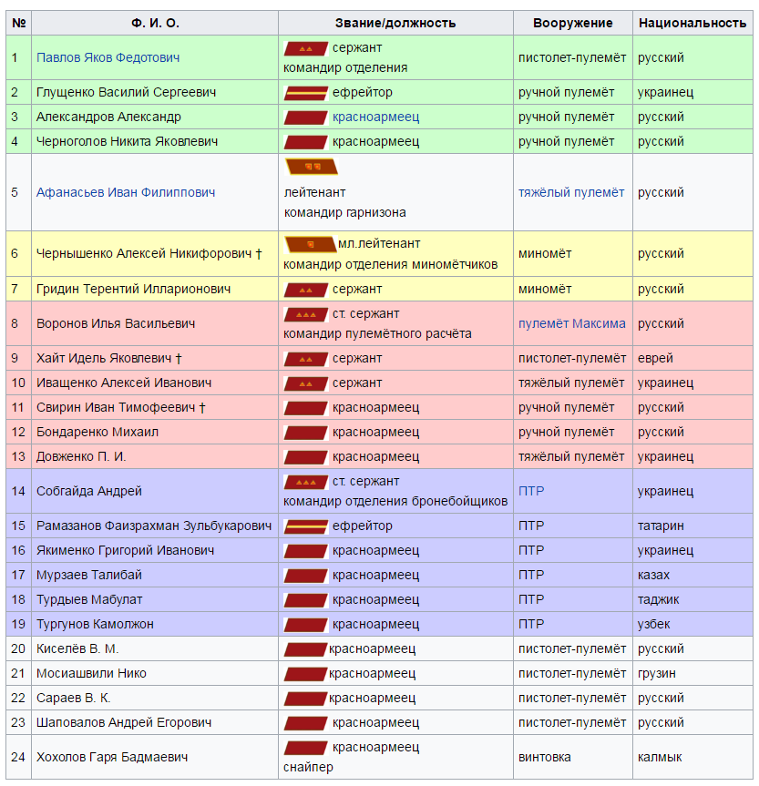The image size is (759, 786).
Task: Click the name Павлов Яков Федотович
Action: (x=108, y=57)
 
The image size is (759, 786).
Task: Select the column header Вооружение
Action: (x=572, y=23)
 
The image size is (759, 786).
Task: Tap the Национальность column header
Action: (x=692, y=23)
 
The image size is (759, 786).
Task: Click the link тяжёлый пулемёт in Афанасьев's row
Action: (x=571, y=192)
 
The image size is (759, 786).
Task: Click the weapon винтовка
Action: (x=545, y=757)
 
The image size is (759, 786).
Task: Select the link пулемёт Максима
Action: (x=571, y=323)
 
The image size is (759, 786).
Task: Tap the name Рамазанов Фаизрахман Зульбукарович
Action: (x=154, y=526)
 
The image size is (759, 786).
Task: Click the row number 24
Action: (x=18, y=757)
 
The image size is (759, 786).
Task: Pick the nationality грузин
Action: (x=657, y=673)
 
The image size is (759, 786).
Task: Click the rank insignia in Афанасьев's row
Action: (x=311, y=167)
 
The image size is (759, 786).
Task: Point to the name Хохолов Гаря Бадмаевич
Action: (x=112, y=757)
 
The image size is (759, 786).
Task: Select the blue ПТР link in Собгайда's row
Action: (x=531, y=491)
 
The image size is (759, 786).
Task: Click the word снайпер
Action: (x=308, y=767)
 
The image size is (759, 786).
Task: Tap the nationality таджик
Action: (x=659, y=599)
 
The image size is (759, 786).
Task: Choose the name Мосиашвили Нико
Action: (x=91, y=673)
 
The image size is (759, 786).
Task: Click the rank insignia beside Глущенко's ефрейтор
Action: (x=306, y=92)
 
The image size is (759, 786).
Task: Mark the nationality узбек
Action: (x=654, y=624)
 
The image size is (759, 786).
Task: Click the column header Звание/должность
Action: (x=395, y=23)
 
